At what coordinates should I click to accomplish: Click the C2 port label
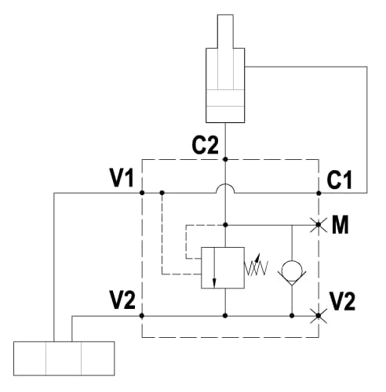point(205,146)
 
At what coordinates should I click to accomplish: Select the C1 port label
point(339,180)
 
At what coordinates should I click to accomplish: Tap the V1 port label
point(122,178)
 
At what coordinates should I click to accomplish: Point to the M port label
point(340,224)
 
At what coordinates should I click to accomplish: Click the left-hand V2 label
point(122,300)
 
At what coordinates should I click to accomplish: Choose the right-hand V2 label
point(342,301)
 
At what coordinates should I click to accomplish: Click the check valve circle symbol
point(292,271)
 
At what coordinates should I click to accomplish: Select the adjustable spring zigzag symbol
point(256,267)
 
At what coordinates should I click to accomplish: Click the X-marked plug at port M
point(319,225)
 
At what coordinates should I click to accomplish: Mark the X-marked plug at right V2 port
point(319,316)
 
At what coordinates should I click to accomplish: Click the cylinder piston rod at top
point(225,31)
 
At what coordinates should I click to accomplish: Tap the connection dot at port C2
point(225,159)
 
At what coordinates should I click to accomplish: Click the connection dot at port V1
point(142,193)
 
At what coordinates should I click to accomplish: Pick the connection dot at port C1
point(319,193)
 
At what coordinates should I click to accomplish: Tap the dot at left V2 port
point(142,316)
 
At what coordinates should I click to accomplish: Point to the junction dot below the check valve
point(292,316)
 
